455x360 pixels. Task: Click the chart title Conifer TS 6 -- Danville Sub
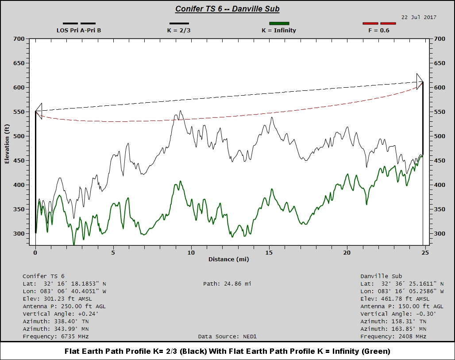tap(227, 9)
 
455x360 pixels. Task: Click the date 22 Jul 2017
tap(419, 17)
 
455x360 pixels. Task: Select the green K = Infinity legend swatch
tap(279, 23)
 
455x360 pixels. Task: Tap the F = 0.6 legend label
tap(379, 31)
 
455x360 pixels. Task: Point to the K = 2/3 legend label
tap(179, 31)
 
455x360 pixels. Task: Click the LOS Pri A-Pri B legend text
tap(79, 31)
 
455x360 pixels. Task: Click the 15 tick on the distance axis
tap(269, 252)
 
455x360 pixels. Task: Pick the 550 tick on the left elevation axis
tap(18, 112)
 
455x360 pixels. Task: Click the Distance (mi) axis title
tap(227, 259)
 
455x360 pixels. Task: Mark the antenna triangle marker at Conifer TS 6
tap(39, 111)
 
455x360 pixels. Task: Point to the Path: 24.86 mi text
tap(227, 284)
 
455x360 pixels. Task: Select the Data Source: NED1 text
tap(227, 337)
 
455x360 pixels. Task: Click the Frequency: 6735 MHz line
tap(56, 337)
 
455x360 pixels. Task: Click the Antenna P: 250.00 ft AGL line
tap(64, 306)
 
